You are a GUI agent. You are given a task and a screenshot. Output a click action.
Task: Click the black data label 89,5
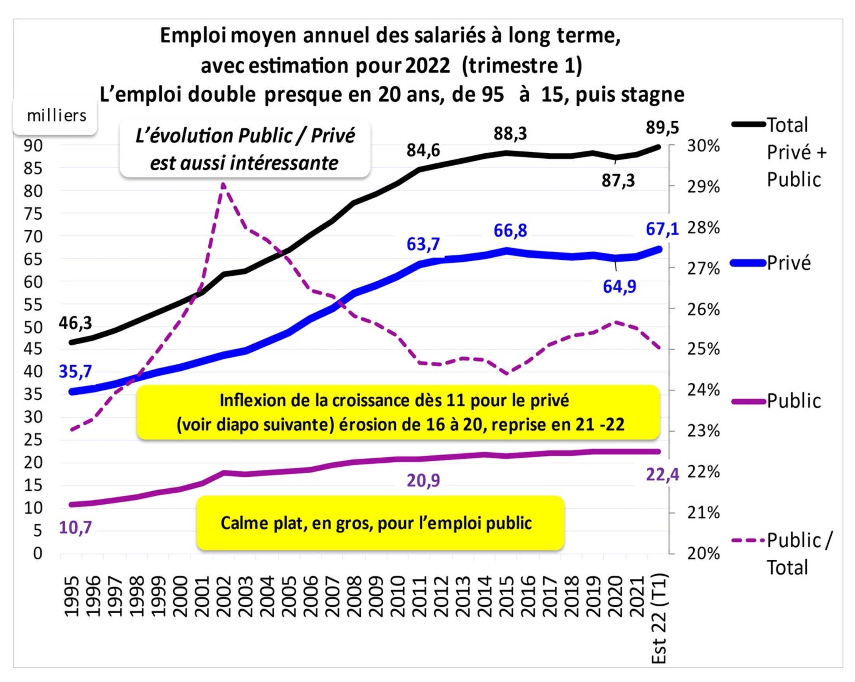pyautogui.click(x=662, y=128)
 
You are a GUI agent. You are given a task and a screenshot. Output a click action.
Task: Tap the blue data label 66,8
pyautogui.click(x=510, y=231)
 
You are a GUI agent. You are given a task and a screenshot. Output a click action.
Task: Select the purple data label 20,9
pyautogui.click(x=423, y=481)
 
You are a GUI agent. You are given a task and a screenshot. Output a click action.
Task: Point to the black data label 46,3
pyautogui.click(x=75, y=323)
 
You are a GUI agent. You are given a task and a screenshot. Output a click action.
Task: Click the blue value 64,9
pyautogui.click(x=619, y=286)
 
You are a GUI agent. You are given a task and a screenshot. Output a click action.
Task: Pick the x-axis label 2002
pyautogui.click(x=224, y=596)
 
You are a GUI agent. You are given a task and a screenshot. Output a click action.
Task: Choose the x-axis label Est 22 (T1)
pyautogui.click(x=659, y=618)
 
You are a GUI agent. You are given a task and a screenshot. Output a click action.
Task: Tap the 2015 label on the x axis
pyautogui.click(x=506, y=596)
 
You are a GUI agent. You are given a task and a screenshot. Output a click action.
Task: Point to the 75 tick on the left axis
pyautogui.click(x=33, y=214)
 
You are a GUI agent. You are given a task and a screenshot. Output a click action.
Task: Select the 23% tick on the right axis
pyautogui.click(x=703, y=431)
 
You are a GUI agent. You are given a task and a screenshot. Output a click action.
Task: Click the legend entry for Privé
pyautogui.click(x=789, y=263)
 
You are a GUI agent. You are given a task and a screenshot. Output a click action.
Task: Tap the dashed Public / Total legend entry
pyautogui.click(x=797, y=553)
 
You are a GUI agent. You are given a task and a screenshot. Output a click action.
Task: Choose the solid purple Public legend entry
pyautogui.click(x=793, y=401)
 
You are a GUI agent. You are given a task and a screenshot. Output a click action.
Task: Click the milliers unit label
pyautogui.click(x=56, y=116)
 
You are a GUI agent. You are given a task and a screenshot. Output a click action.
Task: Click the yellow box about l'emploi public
pyautogui.click(x=380, y=523)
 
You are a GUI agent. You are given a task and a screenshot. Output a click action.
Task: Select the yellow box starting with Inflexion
pyautogui.click(x=398, y=412)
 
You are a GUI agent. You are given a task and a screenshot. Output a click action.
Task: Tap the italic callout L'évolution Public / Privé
pyautogui.click(x=245, y=149)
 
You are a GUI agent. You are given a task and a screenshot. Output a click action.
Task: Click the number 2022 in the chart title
pyautogui.click(x=427, y=65)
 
